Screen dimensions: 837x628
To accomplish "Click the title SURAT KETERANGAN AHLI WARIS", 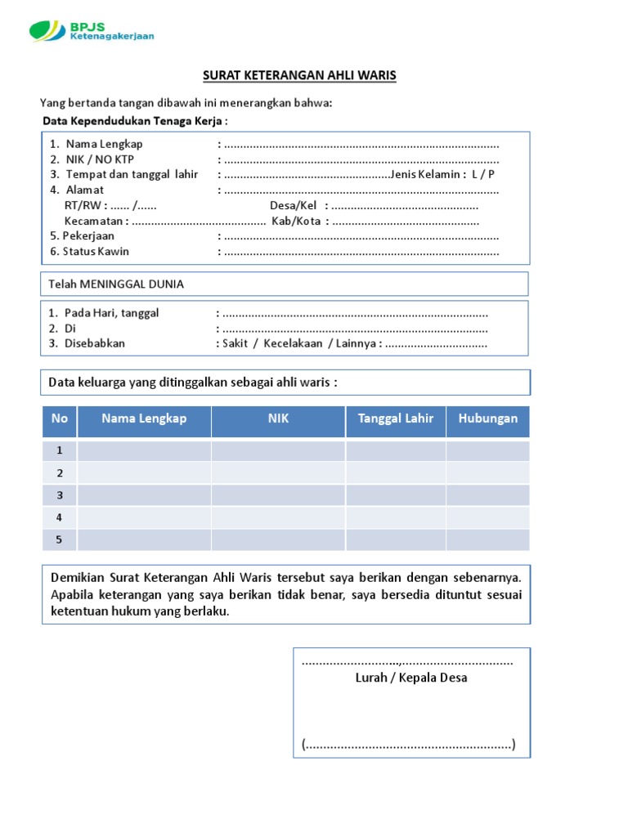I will click(x=299, y=75).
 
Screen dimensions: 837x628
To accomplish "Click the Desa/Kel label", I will click(x=293, y=206).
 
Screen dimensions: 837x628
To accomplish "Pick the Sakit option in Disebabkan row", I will click(x=235, y=343).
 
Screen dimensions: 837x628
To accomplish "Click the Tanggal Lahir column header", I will click(x=395, y=418).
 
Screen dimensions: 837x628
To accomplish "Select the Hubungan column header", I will click(x=487, y=418).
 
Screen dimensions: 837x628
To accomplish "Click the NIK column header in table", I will click(x=278, y=418).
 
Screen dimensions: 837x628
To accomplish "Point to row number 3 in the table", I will click(x=60, y=495).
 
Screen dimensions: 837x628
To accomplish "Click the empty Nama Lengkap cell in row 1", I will click(x=144, y=451).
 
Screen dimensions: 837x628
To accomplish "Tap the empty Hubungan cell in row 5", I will click(x=487, y=539).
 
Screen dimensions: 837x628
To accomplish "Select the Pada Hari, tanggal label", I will click(x=111, y=313).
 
